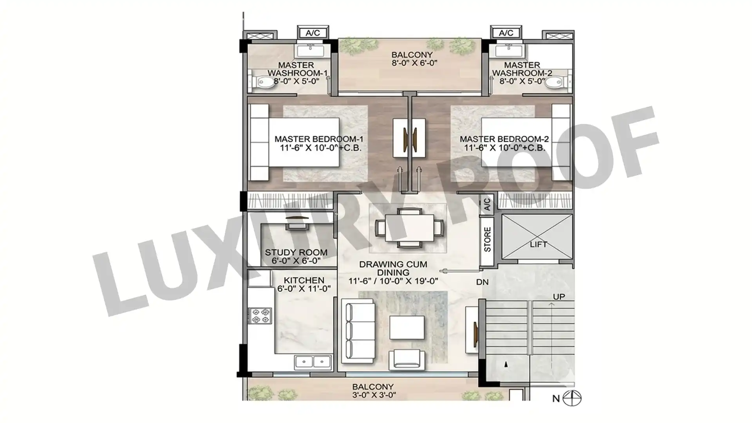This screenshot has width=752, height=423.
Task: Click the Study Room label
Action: pyautogui.click(x=296, y=253)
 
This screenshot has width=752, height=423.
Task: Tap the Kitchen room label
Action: pyautogui.click(x=304, y=280)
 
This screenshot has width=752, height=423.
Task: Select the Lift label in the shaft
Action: pyautogui.click(x=539, y=244)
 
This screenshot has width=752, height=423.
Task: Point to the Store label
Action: pyautogui.click(x=487, y=239)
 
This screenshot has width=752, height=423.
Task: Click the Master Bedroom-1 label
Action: pyautogui.click(x=319, y=139)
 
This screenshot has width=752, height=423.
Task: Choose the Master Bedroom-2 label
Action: pyautogui.click(x=504, y=139)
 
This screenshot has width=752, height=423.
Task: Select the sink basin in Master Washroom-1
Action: pyautogui.click(x=310, y=51)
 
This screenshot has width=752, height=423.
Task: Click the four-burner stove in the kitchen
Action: pyautogui.click(x=261, y=316)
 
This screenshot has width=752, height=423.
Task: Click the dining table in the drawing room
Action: pyautogui.click(x=409, y=228)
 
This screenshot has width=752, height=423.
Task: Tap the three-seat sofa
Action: pyautogui.click(x=358, y=331)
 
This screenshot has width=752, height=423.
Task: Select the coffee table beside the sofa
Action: pyautogui.click(x=407, y=327)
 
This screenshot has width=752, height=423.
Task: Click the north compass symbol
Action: pyautogui.click(x=572, y=398)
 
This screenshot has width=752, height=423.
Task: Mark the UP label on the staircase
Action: pyautogui.click(x=559, y=296)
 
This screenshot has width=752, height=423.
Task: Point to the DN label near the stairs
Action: pyautogui.click(x=482, y=282)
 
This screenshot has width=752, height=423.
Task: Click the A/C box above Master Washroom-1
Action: pyautogui.click(x=313, y=33)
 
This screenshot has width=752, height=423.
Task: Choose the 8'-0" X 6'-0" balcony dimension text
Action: pyautogui.click(x=414, y=63)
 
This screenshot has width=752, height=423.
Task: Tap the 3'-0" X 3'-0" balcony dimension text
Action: pyautogui.click(x=374, y=395)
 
